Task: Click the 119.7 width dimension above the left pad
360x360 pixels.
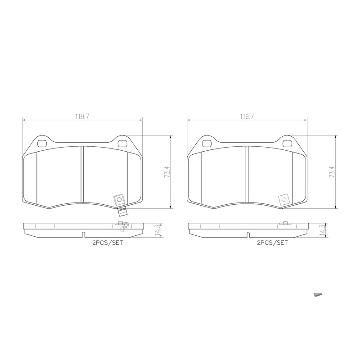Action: (x=82, y=116)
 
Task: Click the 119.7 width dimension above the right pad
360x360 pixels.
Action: (x=247, y=116)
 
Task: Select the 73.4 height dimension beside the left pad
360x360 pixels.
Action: (x=167, y=172)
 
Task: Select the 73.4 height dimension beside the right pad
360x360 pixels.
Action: (x=332, y=172)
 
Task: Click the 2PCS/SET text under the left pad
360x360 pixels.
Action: (x=108, y=243)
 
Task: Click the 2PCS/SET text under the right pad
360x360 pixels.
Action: (x=272, y=243)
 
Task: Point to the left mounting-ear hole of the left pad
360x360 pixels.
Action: (x=43, y=144)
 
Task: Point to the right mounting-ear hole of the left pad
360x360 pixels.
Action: (x=122, y=144)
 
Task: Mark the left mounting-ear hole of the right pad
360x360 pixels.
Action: (x=207, y=144)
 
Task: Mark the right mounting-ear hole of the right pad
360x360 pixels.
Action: (x=287, y=144)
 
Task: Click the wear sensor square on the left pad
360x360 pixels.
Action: (x=119, y=199)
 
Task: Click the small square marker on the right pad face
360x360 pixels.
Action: (x=284, y=199)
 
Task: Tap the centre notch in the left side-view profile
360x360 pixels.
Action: (x=83, y=234)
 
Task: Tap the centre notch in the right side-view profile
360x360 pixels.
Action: (x=248, y=234)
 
